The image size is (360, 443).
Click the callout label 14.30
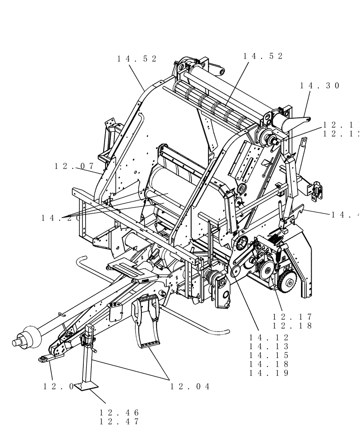coord(320,86)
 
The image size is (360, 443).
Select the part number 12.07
coord(74,166)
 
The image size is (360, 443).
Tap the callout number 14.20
coord(61,218)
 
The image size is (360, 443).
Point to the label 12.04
coord(190,387)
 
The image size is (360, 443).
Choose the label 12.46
coord(119,412)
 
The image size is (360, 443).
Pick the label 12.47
coord(119,422)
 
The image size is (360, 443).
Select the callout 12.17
coord(292,317)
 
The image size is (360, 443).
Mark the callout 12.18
coord(292,326)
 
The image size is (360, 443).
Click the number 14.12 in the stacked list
coord(269,337)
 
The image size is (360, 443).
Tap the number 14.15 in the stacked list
coord(269,355)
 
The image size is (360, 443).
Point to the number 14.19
coord(269,373)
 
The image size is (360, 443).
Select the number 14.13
coord(269,346)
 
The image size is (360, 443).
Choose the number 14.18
coord(269,364)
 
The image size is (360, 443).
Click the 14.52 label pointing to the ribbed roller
coord(263,56)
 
